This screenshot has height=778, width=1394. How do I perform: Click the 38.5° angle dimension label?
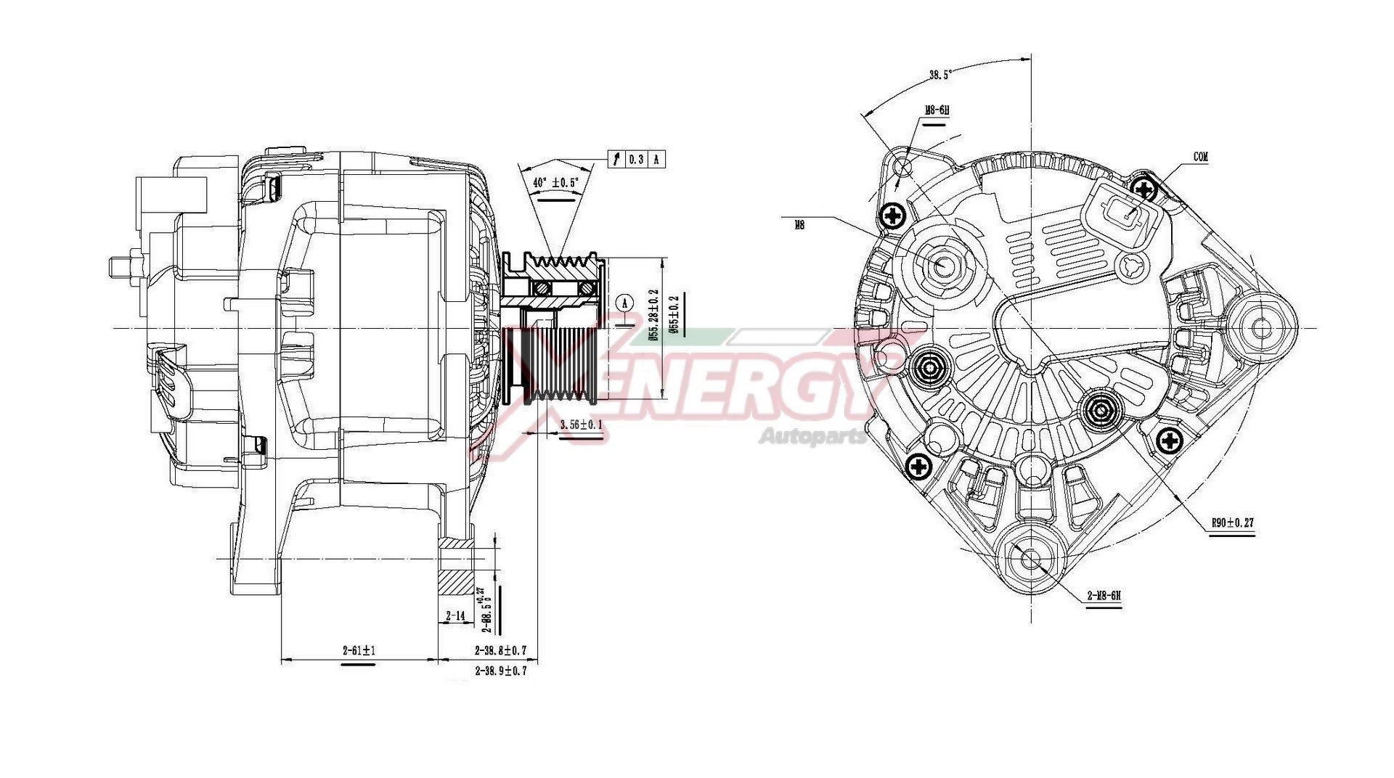click(x=940, y=74)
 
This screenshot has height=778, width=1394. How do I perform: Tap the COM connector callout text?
click(x=1201, y=157)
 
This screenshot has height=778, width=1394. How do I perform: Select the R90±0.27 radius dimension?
click(x=1232, y=522)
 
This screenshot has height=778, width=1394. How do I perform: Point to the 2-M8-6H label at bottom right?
click(x=1104, y=596)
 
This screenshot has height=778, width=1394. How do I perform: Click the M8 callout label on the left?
click(x=799, y=225)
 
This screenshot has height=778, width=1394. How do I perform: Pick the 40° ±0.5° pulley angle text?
click(x=557, y=183)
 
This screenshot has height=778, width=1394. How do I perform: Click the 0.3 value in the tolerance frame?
click(x=636, y=160)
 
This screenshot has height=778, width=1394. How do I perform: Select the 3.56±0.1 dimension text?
click(x=581, y=425)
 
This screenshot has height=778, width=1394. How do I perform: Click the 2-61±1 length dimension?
click(x=359, y=650)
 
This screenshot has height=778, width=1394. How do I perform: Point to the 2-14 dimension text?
click(x=455, y=615)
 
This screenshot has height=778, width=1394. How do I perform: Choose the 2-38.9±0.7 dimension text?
click(x=500, y=671)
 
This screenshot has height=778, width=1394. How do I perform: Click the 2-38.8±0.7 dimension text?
click(x=500, y=650)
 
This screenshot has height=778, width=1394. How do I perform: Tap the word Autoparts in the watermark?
click(x=812, y=436)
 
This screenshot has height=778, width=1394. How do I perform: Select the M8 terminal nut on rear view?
click(x=942, y=266)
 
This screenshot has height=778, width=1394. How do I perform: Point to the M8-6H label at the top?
click(x=937, y=110)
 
